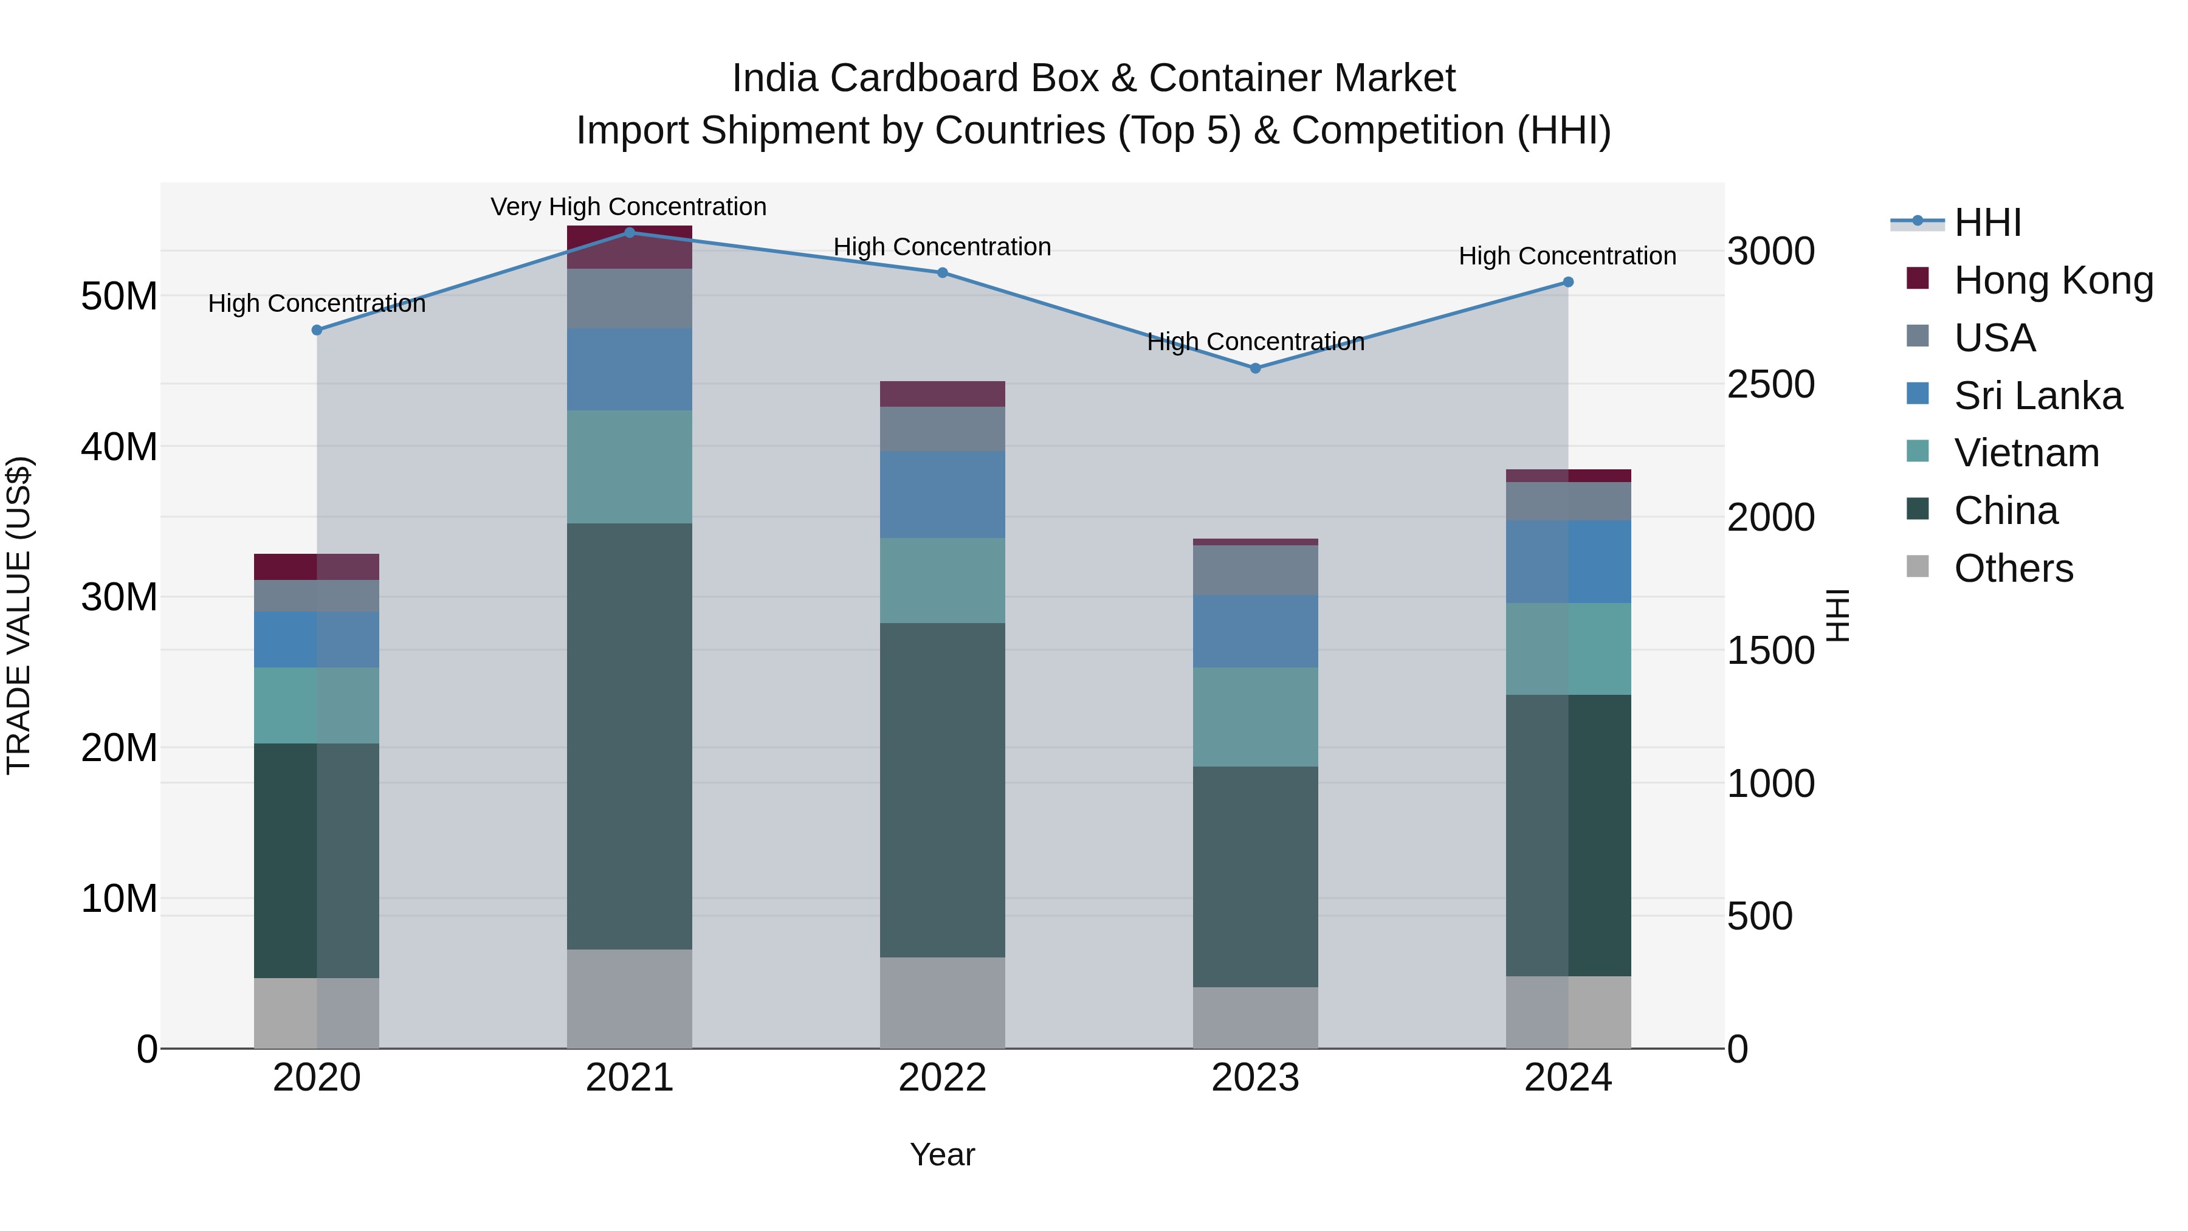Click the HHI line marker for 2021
[630, 232]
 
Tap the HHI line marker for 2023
[1256, 368]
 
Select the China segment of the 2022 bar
[942, 790]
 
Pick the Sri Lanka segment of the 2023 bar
[1256, 630]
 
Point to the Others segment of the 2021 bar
[630, 998]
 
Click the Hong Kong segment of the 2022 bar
[942, 393]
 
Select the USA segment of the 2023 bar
[1256, 570]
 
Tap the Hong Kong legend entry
[2053, 280]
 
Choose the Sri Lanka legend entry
[2038, 395]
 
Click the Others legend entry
[2013, 568]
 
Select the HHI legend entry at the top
[1987, 222]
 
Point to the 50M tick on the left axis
[119, 297]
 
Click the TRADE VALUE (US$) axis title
[19, 615]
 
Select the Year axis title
[942, 1154]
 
